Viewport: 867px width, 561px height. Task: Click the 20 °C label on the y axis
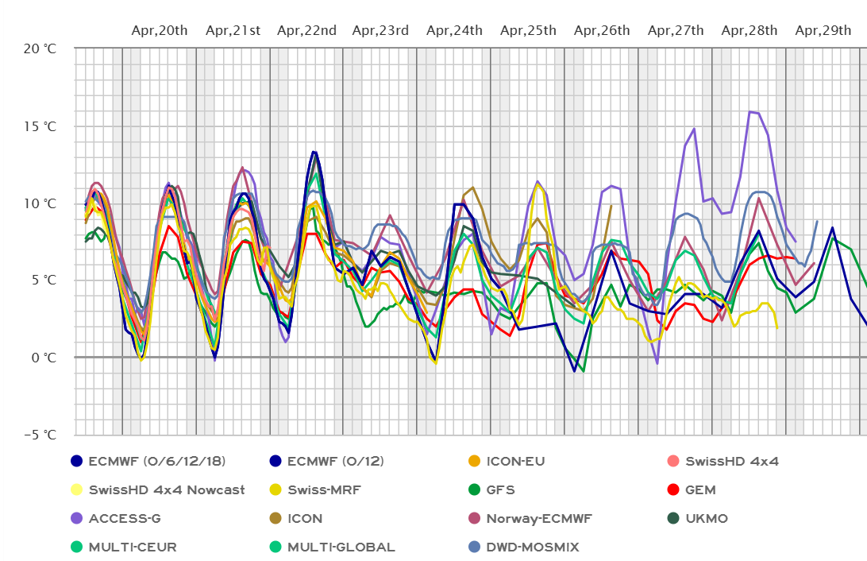point(40,48)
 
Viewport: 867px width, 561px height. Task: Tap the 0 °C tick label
point(44,358)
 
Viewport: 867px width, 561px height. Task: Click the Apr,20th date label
point(160,31)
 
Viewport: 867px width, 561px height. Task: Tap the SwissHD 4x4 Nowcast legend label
point(167,489)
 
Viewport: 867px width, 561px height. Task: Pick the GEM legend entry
point(702,489)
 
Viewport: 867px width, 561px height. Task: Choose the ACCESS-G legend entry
point(125,518)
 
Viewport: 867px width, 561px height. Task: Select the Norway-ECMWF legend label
point(540,518)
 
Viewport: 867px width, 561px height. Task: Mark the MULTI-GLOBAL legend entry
point(341,547)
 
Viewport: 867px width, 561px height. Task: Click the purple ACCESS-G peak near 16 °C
point(750,112)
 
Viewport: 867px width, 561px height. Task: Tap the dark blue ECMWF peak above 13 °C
point(314,151)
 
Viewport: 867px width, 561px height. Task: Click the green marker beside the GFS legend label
point(473,489)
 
